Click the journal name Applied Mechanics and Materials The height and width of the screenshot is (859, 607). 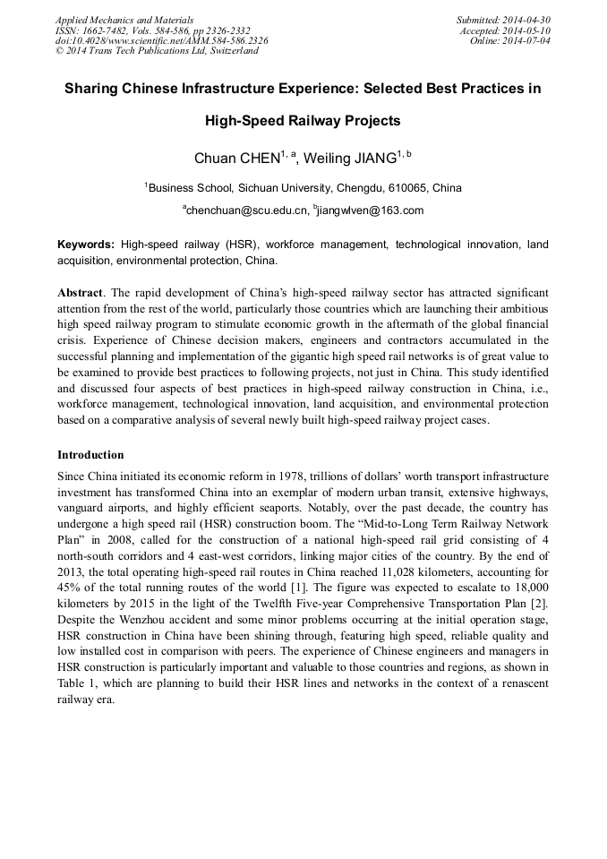tap(124, 20)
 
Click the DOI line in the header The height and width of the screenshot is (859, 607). tap(161, 41)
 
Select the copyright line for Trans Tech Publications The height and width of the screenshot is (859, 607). tap(157, 51)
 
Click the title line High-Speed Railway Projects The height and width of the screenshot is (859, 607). tap(303, 120)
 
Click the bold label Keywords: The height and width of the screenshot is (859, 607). tap(86, 244)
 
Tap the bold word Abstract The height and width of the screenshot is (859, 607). tap(80, 294)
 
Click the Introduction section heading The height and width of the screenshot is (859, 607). tap(90, 455)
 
